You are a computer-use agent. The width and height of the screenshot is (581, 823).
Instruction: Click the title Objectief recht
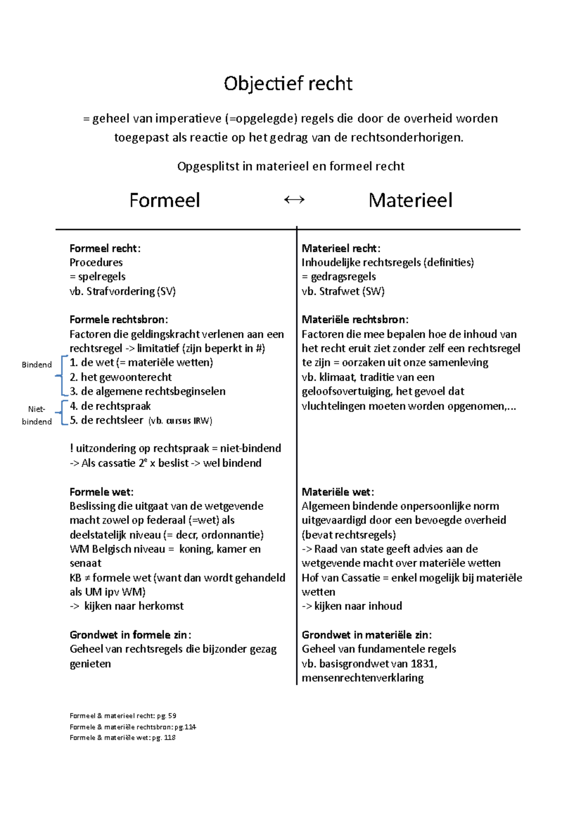[x=288, y=84]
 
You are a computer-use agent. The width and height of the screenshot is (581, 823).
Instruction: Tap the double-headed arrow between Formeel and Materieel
[x=294, y=200]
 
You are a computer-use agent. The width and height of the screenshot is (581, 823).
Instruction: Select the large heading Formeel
[x=165, y=200]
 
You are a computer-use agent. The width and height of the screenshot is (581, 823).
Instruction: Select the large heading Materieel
[x=411, y=200]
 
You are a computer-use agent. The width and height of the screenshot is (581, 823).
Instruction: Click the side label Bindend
[x=37, y=365]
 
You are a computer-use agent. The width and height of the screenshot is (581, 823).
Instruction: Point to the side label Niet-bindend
[x=37, y=415]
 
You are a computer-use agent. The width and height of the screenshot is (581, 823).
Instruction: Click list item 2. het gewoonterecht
[x=121, y=377]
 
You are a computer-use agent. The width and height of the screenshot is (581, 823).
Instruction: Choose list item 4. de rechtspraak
[x=110, y=406]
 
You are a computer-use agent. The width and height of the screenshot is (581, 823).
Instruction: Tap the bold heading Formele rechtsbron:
[x=119, y=319]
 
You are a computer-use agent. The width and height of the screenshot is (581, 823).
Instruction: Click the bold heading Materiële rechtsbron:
[x=355, y=319]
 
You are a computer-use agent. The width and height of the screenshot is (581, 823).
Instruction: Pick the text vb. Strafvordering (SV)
[x=122, y=291]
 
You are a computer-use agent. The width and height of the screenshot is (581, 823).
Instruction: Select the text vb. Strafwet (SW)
[x=343, y=291]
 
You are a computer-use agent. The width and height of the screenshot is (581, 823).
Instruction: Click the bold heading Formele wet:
[x=101, y=492]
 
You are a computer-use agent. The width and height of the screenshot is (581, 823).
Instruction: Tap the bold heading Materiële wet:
[x=337, y=492]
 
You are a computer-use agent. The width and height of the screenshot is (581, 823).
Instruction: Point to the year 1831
[x=423, y=664]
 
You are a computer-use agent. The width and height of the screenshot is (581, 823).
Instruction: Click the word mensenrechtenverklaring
[x=363, y=678]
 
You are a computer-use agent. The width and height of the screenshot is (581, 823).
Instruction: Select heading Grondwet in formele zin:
[x=130, y=635]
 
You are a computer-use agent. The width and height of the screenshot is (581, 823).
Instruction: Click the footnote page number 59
[x=172, y=716]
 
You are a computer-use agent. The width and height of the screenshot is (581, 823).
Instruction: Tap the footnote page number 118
[x=169, y=738]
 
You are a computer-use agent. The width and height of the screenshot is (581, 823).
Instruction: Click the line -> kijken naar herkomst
[x=127, y=606]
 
